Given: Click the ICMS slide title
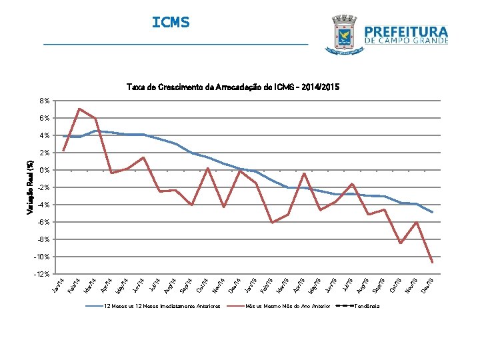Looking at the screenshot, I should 171,23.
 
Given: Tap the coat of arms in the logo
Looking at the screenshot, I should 344,34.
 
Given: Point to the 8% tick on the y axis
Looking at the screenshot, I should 44,101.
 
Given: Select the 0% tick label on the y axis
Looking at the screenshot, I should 44,170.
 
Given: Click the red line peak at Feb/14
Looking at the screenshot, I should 79,109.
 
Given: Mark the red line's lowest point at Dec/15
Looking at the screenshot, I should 433,262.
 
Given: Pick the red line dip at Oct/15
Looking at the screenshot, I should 401,243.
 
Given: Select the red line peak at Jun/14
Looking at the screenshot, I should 143,157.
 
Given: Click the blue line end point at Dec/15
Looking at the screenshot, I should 433,212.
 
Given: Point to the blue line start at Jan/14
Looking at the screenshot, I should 63,137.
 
